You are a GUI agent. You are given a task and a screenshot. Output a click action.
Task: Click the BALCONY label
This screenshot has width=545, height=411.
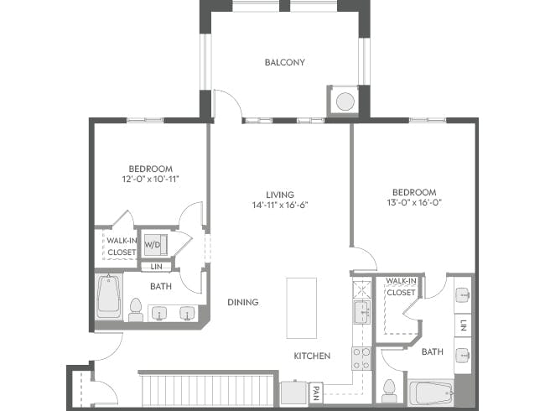pyautogui.click(x=284, y=62)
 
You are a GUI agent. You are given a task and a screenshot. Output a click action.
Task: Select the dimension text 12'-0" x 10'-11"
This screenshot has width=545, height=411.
pyautogui.click(x=151, y=179)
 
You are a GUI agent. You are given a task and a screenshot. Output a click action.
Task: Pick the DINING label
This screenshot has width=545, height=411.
pyautogui.click(x=242, y=302)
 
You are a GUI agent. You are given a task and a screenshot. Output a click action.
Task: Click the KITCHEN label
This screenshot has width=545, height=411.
pyautogui.click(x=311, y=356)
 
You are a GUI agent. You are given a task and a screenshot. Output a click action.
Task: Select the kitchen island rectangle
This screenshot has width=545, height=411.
pyautogui.click(x=301, y=308)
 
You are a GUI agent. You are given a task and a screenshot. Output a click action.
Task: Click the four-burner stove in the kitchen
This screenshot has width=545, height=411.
pyautogui.click(x=361, y=359)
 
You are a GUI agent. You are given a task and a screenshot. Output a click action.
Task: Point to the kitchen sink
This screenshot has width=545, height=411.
pyautogui.click(x=361, y=314)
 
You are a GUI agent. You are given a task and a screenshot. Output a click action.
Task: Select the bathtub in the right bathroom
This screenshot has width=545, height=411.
pyautogui.click(x=431, y=393)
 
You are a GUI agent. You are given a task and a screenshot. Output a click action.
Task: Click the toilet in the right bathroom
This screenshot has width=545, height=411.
pyautogui.click(x=388, y=390)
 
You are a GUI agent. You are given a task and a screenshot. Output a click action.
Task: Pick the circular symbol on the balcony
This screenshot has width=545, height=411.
pyautogui.click(x=345, y=101)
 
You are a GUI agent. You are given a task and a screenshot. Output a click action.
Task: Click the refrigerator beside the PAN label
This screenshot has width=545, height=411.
pyautogui.click(x=293, y=393)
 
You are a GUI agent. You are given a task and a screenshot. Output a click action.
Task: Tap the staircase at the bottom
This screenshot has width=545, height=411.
pyautogui.click(x=207, y=391)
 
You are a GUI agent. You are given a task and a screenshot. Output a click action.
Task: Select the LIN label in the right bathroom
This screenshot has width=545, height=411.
pyautogui.click(x=464, y=325)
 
